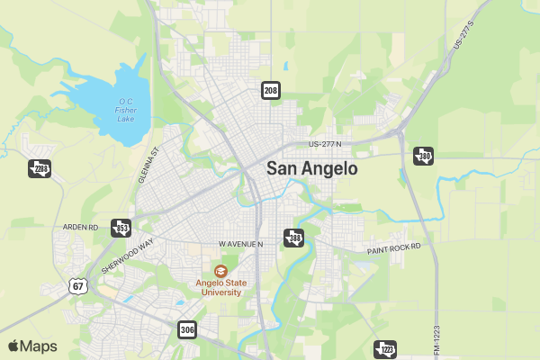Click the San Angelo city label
(x=311, y=168)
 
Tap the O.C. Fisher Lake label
(x=126, y=110)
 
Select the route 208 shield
(x=271, y=90)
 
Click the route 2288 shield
(x=39, y=168)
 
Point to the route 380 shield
(x=423, y=156)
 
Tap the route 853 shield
(x=121, y=228)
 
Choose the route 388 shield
(x=293, y=238)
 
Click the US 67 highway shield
(x=78, y=286)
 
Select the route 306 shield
(x=186, y=329)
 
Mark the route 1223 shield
(x=385, y=349)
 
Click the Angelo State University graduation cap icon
(x=220, y=270)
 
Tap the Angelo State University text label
(x=220, y=287)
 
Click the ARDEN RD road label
(x=80, y=227)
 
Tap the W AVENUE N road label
(x=240, y=244)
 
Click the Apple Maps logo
(x=32, y=346)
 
